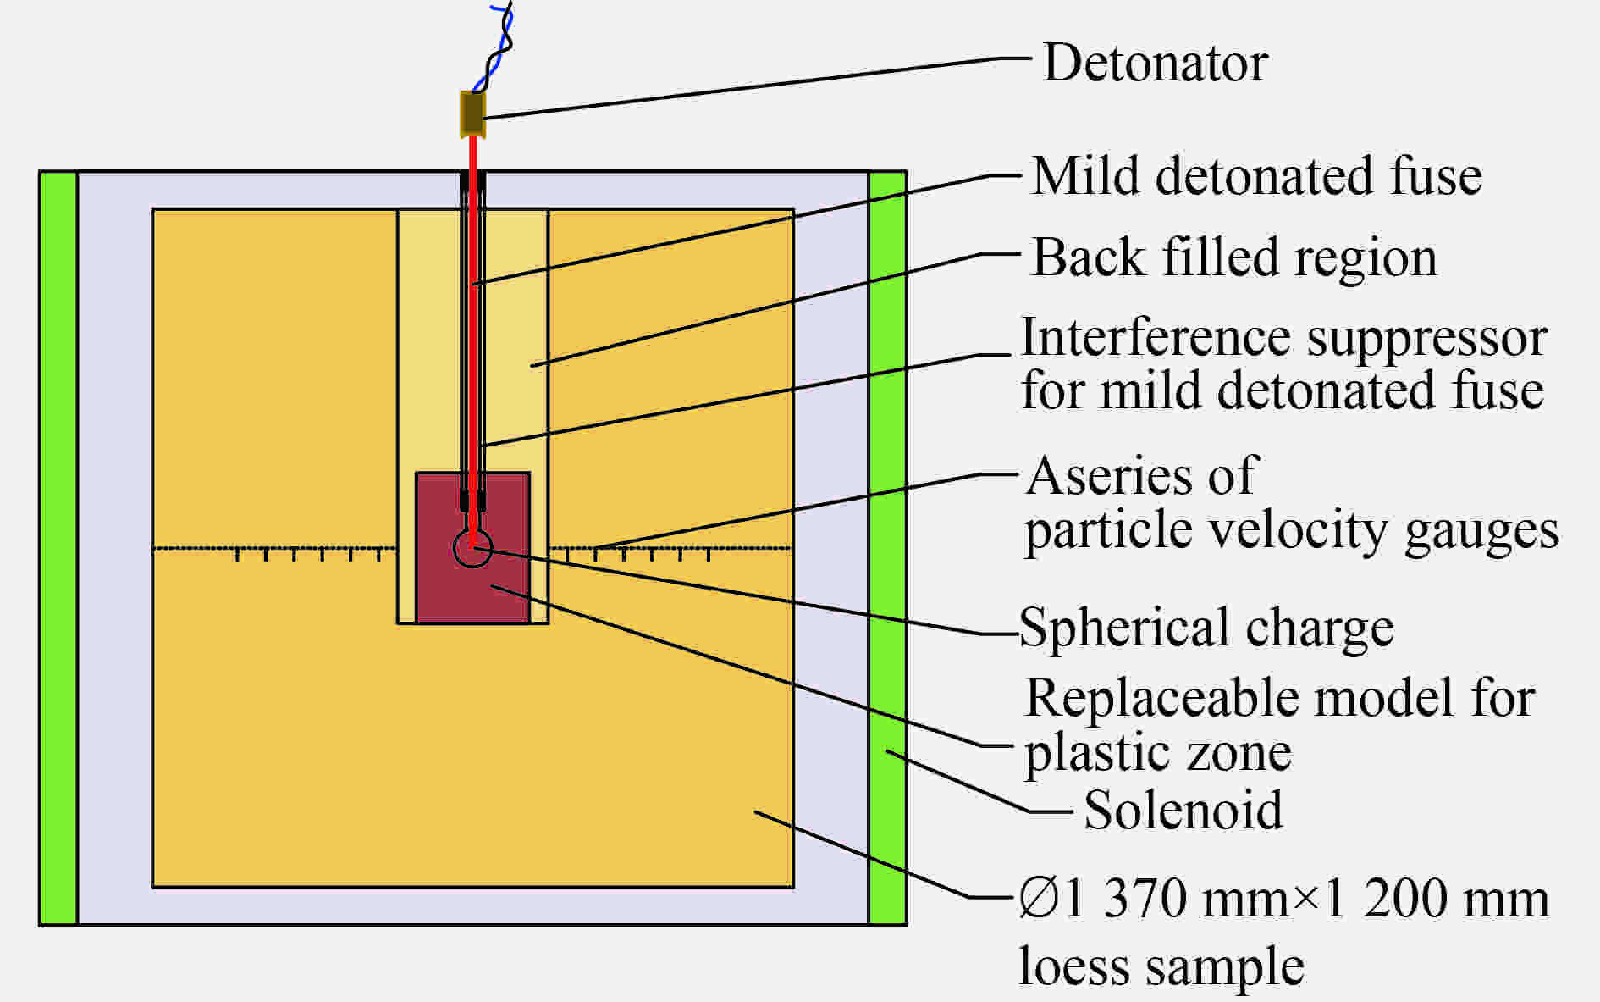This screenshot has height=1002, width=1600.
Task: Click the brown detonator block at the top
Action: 472,113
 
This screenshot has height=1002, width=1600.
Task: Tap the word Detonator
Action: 1156,63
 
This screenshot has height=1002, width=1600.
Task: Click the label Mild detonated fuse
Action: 1257,176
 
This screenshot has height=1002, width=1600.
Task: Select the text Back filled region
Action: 1234,257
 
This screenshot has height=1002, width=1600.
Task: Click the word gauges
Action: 1481,532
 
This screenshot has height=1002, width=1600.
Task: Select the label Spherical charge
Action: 1206,628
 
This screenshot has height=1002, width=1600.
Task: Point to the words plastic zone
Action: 1158,753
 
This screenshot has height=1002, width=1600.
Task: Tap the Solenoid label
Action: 1183,810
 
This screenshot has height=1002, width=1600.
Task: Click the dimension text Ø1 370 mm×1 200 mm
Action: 1283,898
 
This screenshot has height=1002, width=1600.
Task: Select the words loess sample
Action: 1161,966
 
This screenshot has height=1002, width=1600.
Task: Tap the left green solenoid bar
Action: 58,548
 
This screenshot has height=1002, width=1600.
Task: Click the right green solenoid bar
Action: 887,548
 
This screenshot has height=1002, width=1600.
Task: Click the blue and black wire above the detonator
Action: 494,47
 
